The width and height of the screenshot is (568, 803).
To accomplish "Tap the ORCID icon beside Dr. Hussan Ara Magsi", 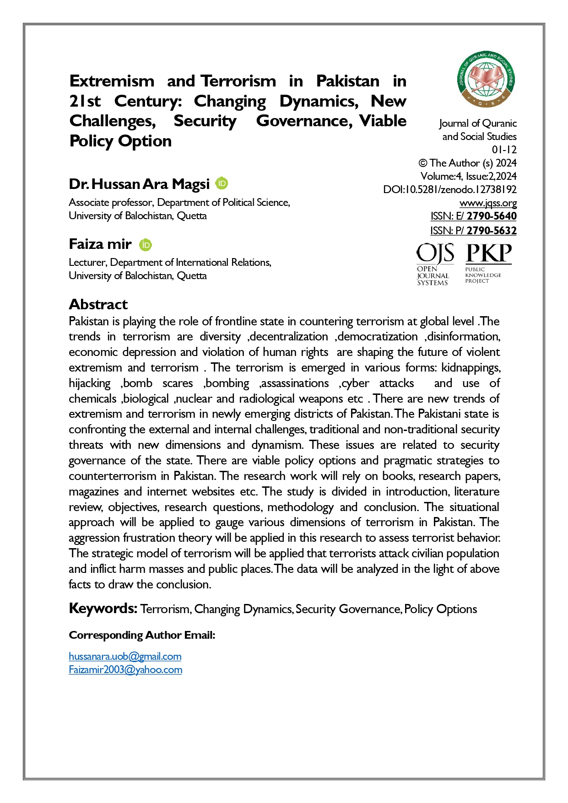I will (222, 183).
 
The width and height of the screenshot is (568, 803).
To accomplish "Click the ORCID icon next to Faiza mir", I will (146, 245).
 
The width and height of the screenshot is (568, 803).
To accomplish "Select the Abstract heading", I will (98, 304).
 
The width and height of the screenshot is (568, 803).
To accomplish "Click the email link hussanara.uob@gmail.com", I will (125, 656).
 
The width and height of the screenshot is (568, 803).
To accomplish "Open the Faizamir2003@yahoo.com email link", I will (125, 669).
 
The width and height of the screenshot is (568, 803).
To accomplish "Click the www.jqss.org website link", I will (488, 203).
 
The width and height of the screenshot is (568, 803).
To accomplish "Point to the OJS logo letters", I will (435, 254).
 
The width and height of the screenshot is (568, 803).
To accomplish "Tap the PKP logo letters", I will (488, 254).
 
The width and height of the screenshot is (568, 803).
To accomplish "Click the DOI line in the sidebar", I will (450, 189).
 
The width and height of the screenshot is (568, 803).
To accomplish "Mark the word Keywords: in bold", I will (103, 608).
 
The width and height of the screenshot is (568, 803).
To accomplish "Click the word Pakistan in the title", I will (347, 81).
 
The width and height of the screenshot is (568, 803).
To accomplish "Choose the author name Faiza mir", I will (100, 244).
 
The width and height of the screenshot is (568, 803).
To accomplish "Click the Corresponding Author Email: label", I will (142, 635).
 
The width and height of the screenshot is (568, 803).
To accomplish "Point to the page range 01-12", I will (504, 150).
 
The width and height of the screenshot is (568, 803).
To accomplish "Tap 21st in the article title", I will (85, 101).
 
